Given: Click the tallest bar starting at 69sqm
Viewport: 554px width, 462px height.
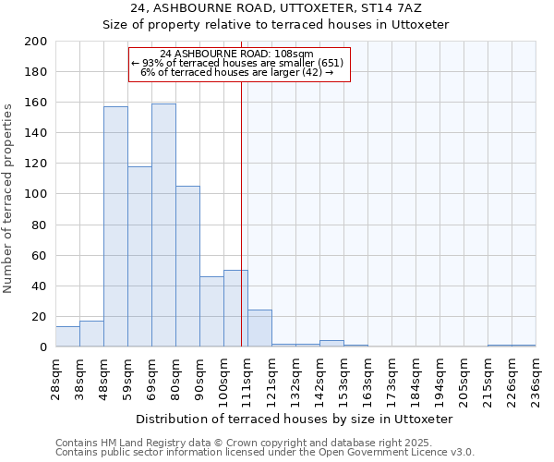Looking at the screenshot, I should [163, 225].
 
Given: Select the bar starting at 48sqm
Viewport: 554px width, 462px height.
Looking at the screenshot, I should [115, 226].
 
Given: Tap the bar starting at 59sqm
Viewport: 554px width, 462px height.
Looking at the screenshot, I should [139, 256].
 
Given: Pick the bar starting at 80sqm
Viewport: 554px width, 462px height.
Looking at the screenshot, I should [187, 266].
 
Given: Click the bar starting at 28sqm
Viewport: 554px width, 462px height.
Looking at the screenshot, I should [67, 336].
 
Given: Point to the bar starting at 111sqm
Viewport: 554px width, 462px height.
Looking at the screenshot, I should [259, 328].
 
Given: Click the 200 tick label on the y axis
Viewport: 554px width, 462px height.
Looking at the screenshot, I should [35, 42].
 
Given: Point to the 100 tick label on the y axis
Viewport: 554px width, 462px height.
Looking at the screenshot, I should [35, 194].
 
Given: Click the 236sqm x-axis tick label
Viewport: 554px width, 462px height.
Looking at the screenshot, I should [536, 377].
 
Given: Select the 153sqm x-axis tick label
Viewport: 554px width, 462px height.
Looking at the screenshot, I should [344, 377].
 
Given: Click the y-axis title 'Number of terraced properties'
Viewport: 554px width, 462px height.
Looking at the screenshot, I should [8, 198].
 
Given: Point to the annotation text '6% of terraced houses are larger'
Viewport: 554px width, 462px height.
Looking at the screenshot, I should [237, 72].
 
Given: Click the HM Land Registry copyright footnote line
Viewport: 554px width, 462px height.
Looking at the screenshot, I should [264, 443].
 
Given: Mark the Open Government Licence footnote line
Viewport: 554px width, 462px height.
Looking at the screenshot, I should [264, 453].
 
